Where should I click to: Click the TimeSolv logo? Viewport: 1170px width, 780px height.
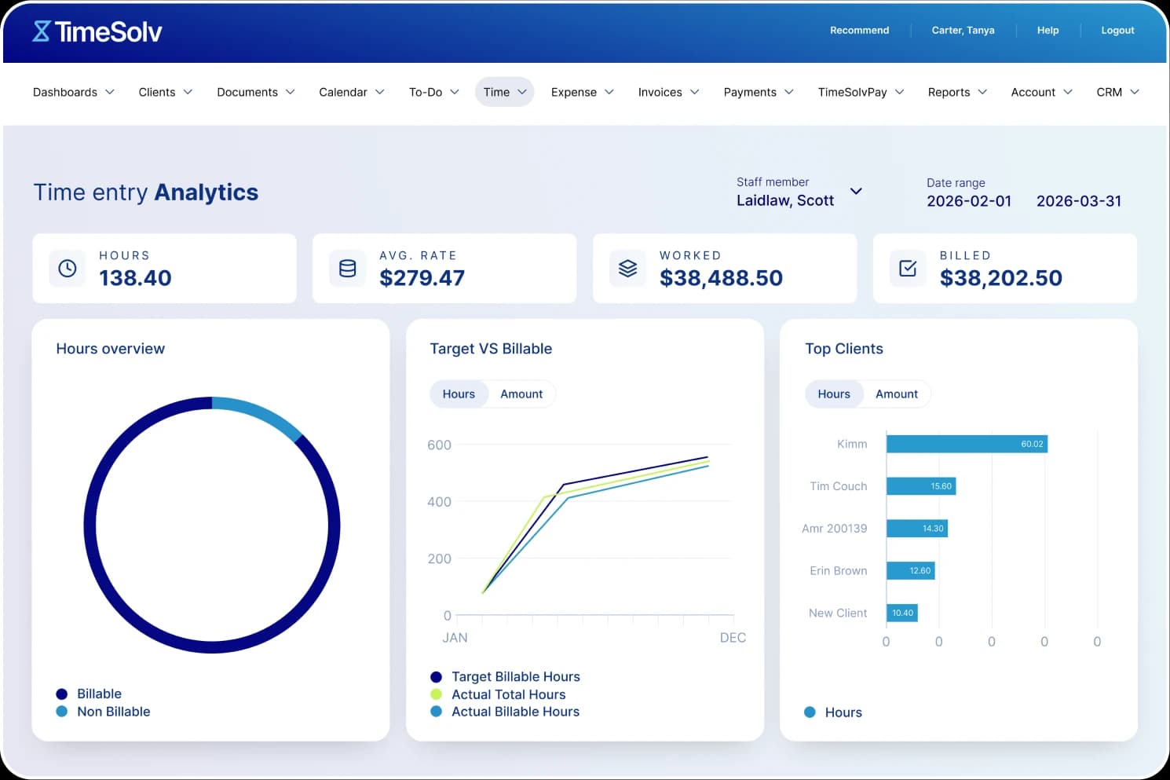pyautogui.click(x=97, y=31)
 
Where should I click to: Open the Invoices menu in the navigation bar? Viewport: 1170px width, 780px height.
pyautogui.click(x=668, y=92)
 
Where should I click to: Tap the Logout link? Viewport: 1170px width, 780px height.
pyautogui.click(x=1117, y=31)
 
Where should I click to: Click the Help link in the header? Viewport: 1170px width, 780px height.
pyautogui.click(x=1048, y=31)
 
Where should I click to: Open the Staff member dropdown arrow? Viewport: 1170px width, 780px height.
pyautogui.click(x=856, y=191)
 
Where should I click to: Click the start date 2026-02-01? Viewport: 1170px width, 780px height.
pyautogui.click(x=969, y=201)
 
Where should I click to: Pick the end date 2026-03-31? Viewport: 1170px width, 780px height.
pyautogui.click(x=1078, y=201)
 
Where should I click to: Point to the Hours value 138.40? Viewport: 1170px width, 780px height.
pyautogui.click(x=135, y=278)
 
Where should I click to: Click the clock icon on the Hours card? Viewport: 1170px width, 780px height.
pyautogui.click(x=68, y=269)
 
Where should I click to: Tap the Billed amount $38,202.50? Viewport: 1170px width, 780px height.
pyautogui.click(x=1000, y=278)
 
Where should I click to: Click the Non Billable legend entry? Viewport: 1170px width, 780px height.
pyautogui.click(x=113, y=712)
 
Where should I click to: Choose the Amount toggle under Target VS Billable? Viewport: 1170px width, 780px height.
pyautogui.click(x=521, y=394)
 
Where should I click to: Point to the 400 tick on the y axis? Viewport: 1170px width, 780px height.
pyautogui.click(x=439, y=502)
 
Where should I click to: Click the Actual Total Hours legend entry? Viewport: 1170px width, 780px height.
pyautogui.click(x=508, y=694)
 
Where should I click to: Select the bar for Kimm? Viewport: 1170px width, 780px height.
pyautogui.click(x=967, y=445)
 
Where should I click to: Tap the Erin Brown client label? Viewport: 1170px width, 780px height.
pyautogui.click(x=838, y=571)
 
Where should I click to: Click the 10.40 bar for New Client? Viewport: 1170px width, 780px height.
pyautogui.click(x=902, y=613)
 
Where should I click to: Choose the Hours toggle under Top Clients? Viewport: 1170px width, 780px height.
pyautogui.click(x=834, y=394)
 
